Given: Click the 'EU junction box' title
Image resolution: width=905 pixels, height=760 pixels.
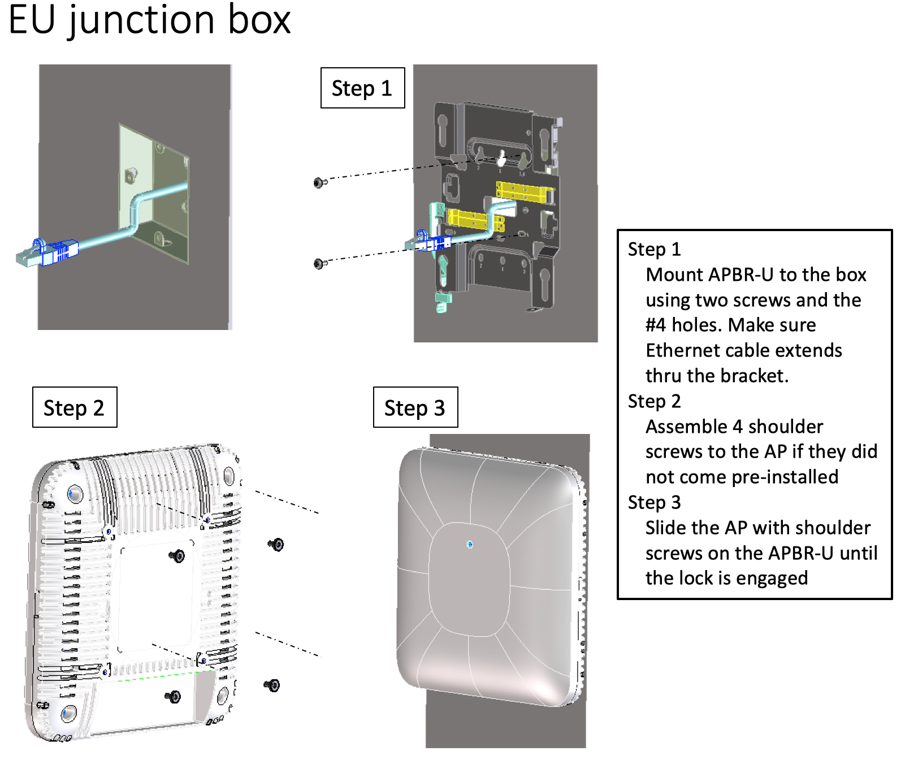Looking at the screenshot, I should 149,20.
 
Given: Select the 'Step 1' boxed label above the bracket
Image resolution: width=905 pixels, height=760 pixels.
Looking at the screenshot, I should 362,88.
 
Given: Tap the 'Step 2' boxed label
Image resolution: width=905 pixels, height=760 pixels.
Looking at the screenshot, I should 74,407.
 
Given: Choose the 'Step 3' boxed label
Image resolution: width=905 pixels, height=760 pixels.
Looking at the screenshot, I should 415,407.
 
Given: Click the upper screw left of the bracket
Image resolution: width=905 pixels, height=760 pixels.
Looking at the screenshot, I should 319,183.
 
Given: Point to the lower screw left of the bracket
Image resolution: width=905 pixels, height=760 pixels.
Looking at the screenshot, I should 319,264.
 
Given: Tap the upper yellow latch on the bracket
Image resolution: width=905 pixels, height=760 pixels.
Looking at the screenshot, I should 523,192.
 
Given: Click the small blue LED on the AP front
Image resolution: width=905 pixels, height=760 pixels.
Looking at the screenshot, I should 470,545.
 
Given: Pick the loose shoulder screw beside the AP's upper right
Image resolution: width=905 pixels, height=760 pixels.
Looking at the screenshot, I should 276,545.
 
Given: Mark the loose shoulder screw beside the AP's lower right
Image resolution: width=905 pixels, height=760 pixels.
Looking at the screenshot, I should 272,685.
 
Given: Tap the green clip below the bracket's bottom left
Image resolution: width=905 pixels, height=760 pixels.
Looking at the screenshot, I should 443,301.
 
